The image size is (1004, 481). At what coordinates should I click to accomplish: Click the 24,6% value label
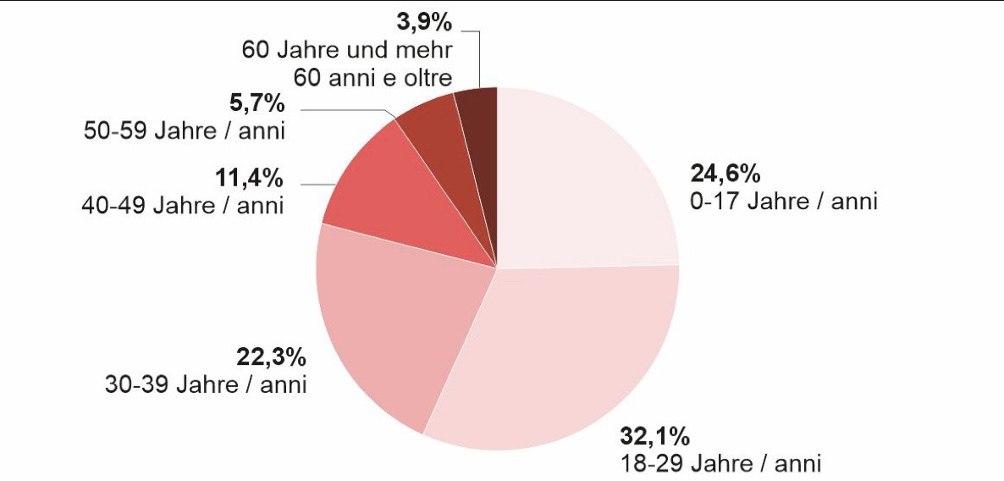point(726,175)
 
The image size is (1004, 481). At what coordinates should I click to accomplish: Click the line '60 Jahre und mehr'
point(347,49)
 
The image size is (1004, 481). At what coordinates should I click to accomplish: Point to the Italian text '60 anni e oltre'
point(372,77)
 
